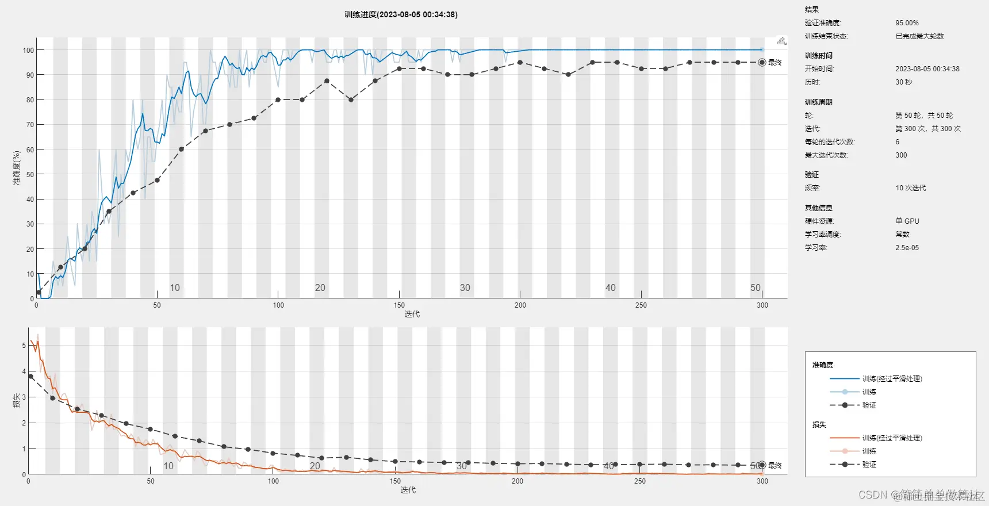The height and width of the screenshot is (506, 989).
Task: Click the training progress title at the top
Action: click(x=401, y=14)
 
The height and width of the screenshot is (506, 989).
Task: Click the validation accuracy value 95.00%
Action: click(x=907, y=23)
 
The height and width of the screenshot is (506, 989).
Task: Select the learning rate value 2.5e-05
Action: click(x=907, y=248)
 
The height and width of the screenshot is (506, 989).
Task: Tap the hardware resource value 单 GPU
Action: click(x=907, y=221)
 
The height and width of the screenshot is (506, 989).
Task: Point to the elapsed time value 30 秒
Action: click(x=903, y=82)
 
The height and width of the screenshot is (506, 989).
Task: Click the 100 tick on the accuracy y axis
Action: click(x=28, y=51)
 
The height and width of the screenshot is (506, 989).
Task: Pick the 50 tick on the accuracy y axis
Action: click(x=30, y=175)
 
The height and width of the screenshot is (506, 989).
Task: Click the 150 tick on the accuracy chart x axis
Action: click(x=399, y=305)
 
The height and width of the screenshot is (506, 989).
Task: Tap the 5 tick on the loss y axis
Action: click(x=24, y=346)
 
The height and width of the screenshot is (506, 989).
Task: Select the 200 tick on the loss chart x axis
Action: click(x=517, y=481)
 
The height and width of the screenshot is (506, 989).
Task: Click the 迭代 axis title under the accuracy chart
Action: click(x=412, y=314)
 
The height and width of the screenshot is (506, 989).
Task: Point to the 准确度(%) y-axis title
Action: click(x=17, y=168)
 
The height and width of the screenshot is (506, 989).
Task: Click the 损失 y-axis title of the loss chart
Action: click(x=17, y=401)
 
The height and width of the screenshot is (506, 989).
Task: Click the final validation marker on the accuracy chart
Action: click(x=762, y=63)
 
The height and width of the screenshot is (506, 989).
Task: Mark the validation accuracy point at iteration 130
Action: click(x=351, y=99)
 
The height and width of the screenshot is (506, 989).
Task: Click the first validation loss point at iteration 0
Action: click(x=30, y=377)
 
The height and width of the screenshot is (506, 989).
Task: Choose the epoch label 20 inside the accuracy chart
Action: click(x=320, y=287)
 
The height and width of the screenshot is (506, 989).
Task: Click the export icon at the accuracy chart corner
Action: click(x=781, y=41)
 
